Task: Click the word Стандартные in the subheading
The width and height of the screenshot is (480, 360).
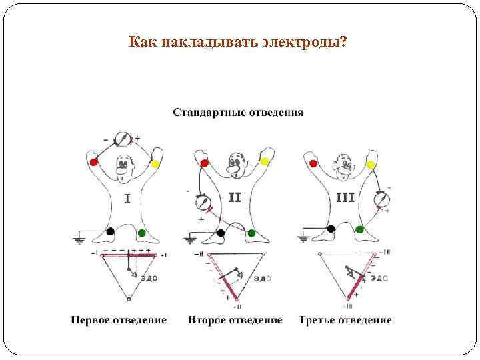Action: [205, 112]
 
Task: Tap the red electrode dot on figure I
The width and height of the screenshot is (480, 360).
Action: [94, 161]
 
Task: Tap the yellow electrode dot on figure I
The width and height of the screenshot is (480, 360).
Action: [155, 163]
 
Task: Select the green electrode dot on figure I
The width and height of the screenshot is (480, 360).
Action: [142, 233]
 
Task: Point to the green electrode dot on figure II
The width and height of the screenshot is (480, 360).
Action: [252, 233]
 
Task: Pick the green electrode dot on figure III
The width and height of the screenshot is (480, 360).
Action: [360, 229]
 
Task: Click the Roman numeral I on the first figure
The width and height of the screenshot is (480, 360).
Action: [127, 199]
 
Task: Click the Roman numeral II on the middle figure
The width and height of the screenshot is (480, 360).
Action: [235, 197]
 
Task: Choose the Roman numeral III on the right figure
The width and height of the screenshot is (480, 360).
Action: [344, 197]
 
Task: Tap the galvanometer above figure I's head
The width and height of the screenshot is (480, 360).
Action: [122, 139]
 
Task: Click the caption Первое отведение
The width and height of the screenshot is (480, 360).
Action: [119, 320]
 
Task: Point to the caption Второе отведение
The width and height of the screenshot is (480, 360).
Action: [235, 320]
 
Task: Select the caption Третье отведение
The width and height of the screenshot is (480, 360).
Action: [345, 320]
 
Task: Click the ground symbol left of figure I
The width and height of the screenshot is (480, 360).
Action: [80, 238]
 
